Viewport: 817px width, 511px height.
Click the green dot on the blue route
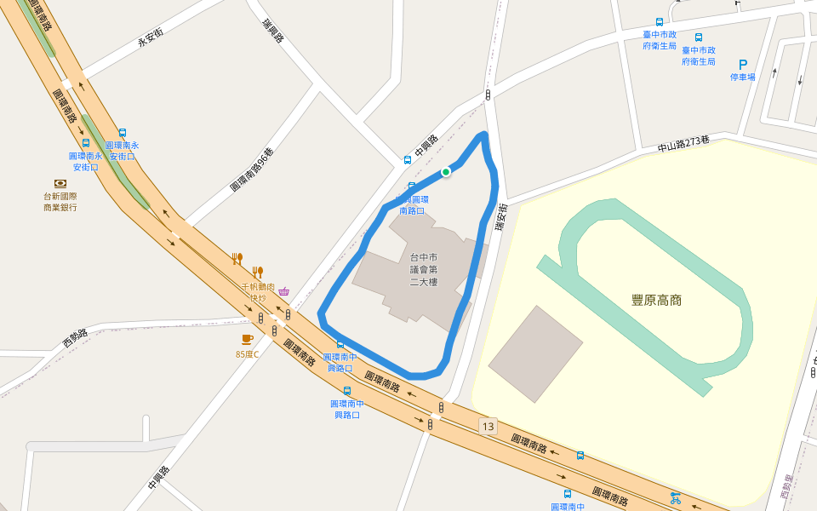coord(445,172)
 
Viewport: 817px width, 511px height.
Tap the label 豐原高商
coord(656,300)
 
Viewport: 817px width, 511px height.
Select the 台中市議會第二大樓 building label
coord(423,269)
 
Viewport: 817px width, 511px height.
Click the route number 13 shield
coord(487,426)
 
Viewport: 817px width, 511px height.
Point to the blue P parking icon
coord(743,65)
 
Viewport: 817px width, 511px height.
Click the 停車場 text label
coord(742,78)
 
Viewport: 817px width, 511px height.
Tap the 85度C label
coord(247,353)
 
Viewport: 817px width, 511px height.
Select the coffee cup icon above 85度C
coord(247,340)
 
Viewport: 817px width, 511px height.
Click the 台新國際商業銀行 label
coord(60,201)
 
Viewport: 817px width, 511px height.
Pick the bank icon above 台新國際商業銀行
coord(60,183)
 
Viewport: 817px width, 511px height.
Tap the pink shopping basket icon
coord(283,291)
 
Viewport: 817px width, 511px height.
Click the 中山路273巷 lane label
coord(683,144)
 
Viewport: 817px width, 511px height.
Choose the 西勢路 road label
coord(81,337)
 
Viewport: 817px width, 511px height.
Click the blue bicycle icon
coord(675,497)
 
